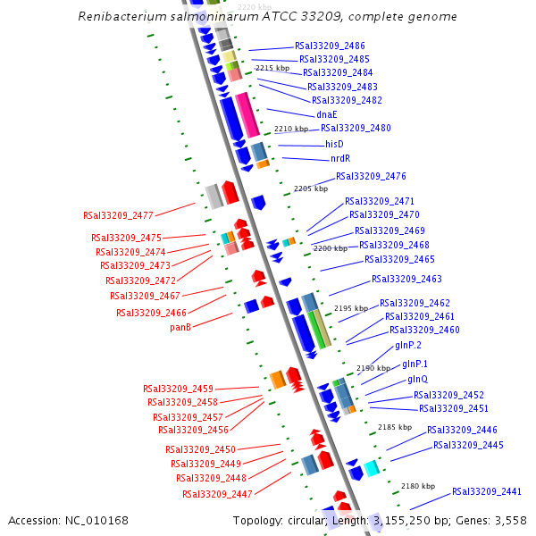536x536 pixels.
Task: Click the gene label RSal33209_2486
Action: coord(329,46)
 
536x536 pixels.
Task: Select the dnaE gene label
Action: coord(326,114)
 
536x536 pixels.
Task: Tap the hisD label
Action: coord(334,144)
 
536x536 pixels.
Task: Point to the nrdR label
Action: coord(340,159)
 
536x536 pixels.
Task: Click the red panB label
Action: coord(180,327)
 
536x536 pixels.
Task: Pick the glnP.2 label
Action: coord(407,345)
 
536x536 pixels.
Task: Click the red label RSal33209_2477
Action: coord(118,215)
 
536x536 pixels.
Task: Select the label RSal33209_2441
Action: coord(486,491)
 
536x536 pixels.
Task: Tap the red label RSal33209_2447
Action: coord(217,494)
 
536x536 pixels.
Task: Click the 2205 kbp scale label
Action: coord(311,188)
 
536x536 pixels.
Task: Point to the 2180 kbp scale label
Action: coord(417,486)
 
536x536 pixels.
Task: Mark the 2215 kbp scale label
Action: coord(272,68)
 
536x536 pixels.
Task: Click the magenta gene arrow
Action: coord(247,114)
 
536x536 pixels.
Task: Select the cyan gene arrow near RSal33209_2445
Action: coord(371,467)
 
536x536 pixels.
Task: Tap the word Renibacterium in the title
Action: coord(120,17)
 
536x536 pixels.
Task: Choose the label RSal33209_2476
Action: coord(371,176)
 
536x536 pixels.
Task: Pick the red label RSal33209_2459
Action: coord(178,389)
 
